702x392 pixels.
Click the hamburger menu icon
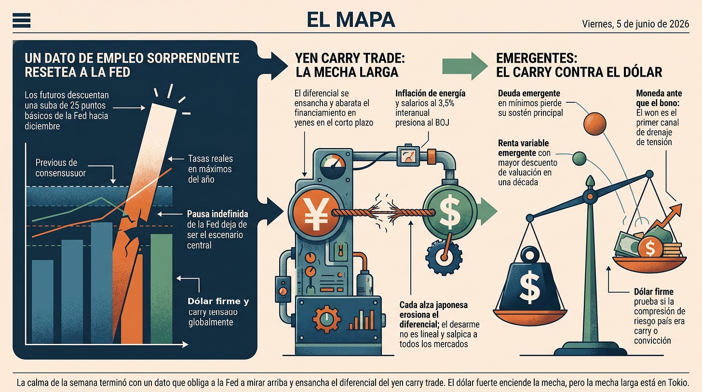22,20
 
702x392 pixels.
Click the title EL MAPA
351,20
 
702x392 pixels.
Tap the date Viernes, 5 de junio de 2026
635,24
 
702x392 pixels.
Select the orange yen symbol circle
316,213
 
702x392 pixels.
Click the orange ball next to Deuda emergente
594,124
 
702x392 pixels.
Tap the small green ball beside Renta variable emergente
579,159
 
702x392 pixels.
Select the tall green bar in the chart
162,288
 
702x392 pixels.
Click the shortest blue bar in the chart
42,301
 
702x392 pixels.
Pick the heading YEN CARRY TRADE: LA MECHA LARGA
350,65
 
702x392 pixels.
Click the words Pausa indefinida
217,214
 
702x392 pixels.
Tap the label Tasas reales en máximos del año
210,169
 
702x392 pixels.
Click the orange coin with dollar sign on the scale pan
650,248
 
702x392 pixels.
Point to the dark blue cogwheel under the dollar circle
444,257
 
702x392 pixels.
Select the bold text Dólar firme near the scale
653,292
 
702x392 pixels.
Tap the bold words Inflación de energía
430,94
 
